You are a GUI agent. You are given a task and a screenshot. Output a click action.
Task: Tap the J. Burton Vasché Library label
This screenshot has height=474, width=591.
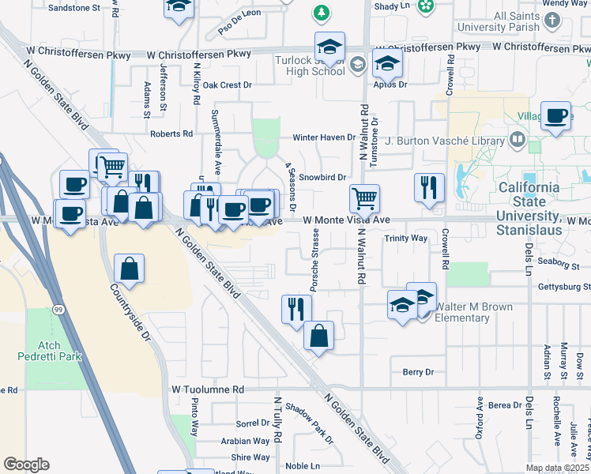point(445,141)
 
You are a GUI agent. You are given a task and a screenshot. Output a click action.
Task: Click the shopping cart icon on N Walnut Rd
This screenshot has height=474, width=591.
point(364,197)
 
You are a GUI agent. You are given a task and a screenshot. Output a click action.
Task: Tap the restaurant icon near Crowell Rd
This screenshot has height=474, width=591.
point(429,188)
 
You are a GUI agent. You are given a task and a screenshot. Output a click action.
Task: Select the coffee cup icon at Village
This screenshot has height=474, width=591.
point(557,117)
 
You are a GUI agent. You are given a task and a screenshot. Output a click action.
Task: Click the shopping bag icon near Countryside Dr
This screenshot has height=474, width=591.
point(129,269)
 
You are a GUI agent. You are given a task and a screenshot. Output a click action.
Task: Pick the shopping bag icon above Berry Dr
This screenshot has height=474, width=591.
point(318,336)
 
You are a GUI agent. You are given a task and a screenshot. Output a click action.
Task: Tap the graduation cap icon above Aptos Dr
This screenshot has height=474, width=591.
point(387,63)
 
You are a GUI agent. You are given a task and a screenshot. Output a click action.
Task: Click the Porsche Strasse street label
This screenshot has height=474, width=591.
point(314,260)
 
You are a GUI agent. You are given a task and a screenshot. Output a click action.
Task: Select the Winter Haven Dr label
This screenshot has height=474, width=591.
point(325,137)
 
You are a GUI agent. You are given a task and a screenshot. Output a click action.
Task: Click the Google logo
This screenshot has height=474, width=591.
point(26,465)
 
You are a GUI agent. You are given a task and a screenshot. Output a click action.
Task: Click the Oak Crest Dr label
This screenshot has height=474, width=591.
point(227,85)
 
